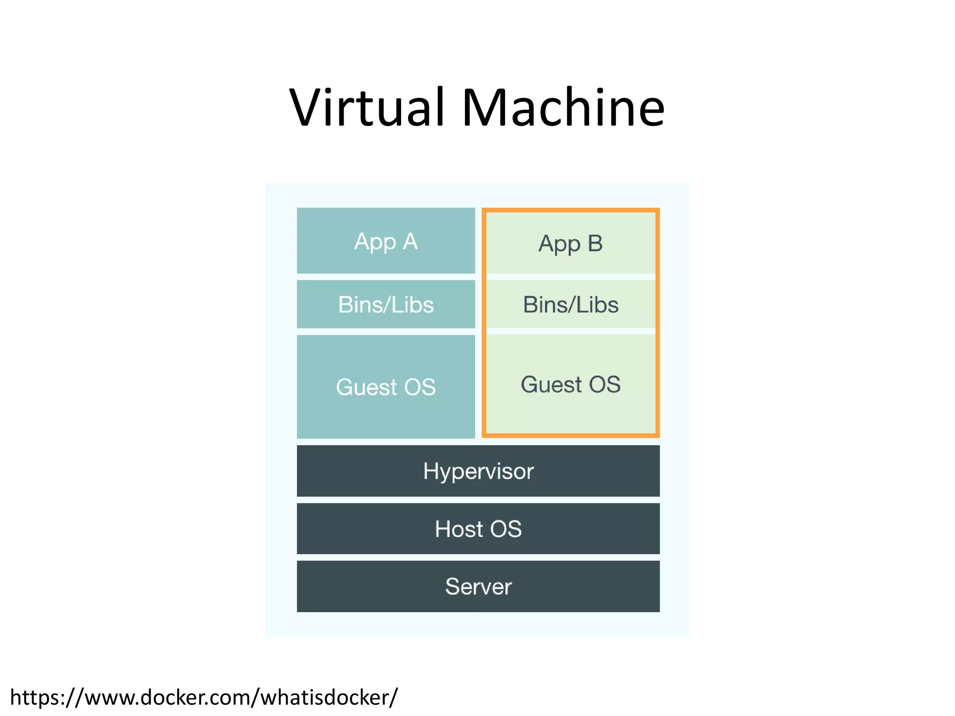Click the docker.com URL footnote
[204, 697]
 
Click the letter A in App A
[410, 241]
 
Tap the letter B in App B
[595, 243]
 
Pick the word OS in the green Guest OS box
[605, 385]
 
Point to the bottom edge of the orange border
[571, 435]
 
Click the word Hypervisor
[478, 471]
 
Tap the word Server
[478, 586]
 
